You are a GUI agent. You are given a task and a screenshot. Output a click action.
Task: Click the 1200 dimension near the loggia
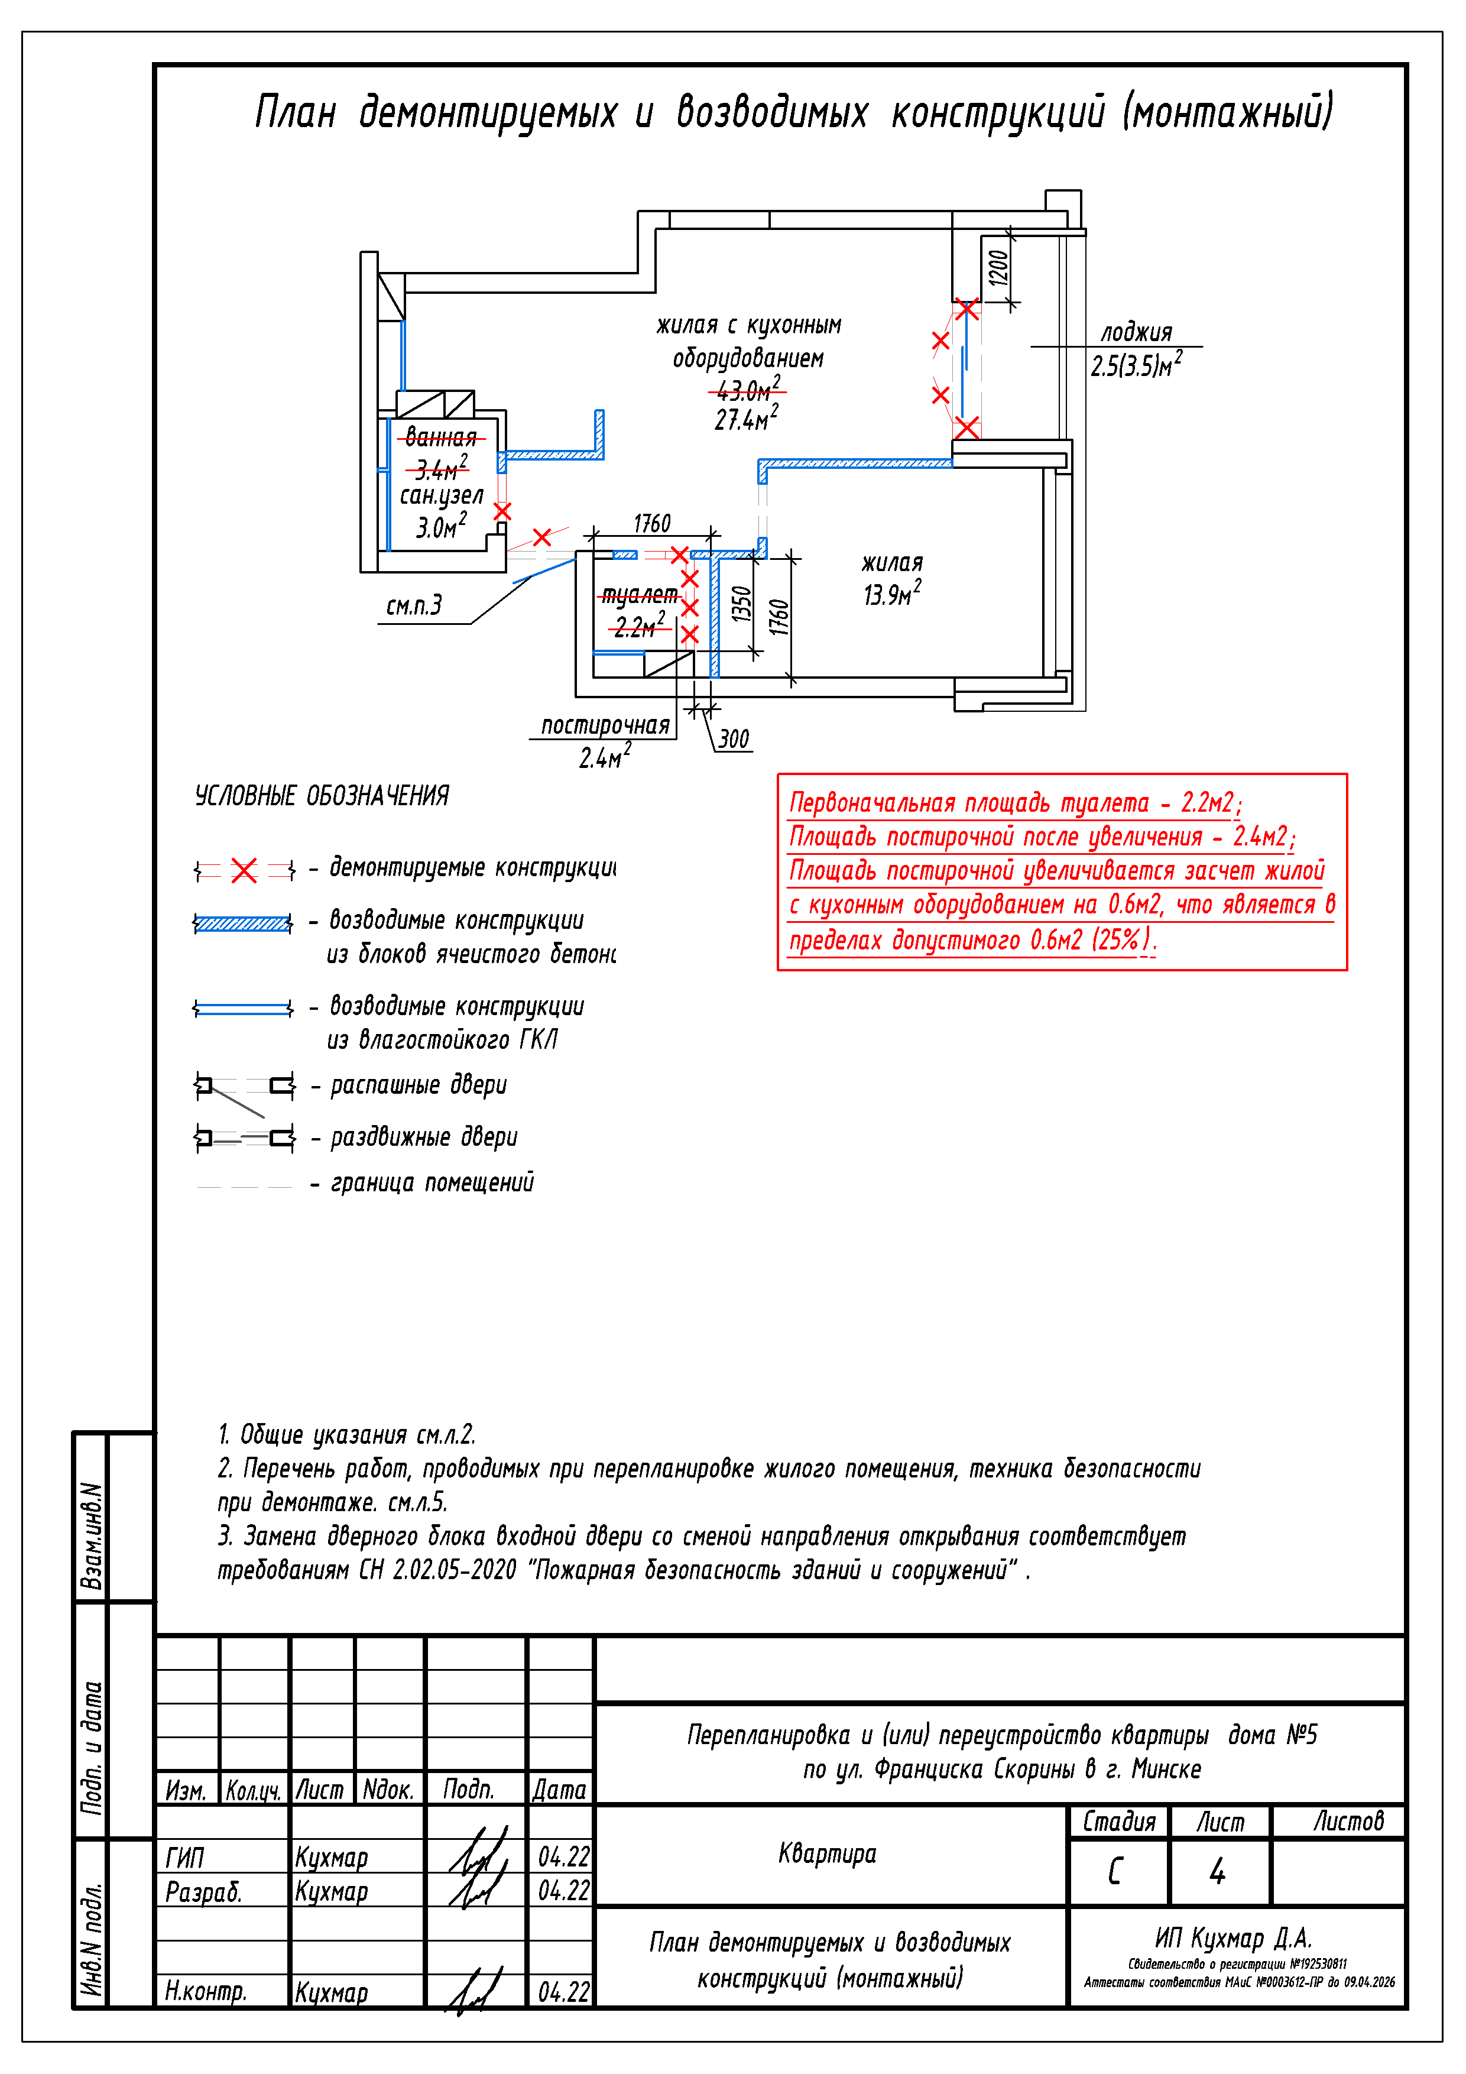click(997, 267)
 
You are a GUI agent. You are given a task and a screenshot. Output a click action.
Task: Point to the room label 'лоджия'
click(1136, 332)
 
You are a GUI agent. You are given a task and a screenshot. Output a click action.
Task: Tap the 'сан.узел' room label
click(442, 495)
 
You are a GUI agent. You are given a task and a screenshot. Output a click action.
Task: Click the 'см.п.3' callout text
click(414, 605)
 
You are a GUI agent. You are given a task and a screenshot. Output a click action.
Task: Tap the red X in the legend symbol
click(244, 871)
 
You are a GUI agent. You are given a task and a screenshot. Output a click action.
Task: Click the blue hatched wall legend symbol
click(243, 923)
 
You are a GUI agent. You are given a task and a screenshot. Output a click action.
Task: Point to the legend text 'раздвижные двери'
click(424, 1138)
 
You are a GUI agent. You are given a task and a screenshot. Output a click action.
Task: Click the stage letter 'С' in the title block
click(1115, 1871)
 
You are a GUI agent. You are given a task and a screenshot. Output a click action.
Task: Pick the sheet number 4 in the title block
click(1218, 1871)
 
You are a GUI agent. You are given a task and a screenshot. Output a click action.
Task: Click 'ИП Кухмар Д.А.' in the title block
click(1233, 1937)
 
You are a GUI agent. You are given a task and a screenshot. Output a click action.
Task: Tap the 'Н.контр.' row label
click(206, 1991)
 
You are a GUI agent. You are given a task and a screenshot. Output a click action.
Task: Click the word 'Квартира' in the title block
click(826, 1853)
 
